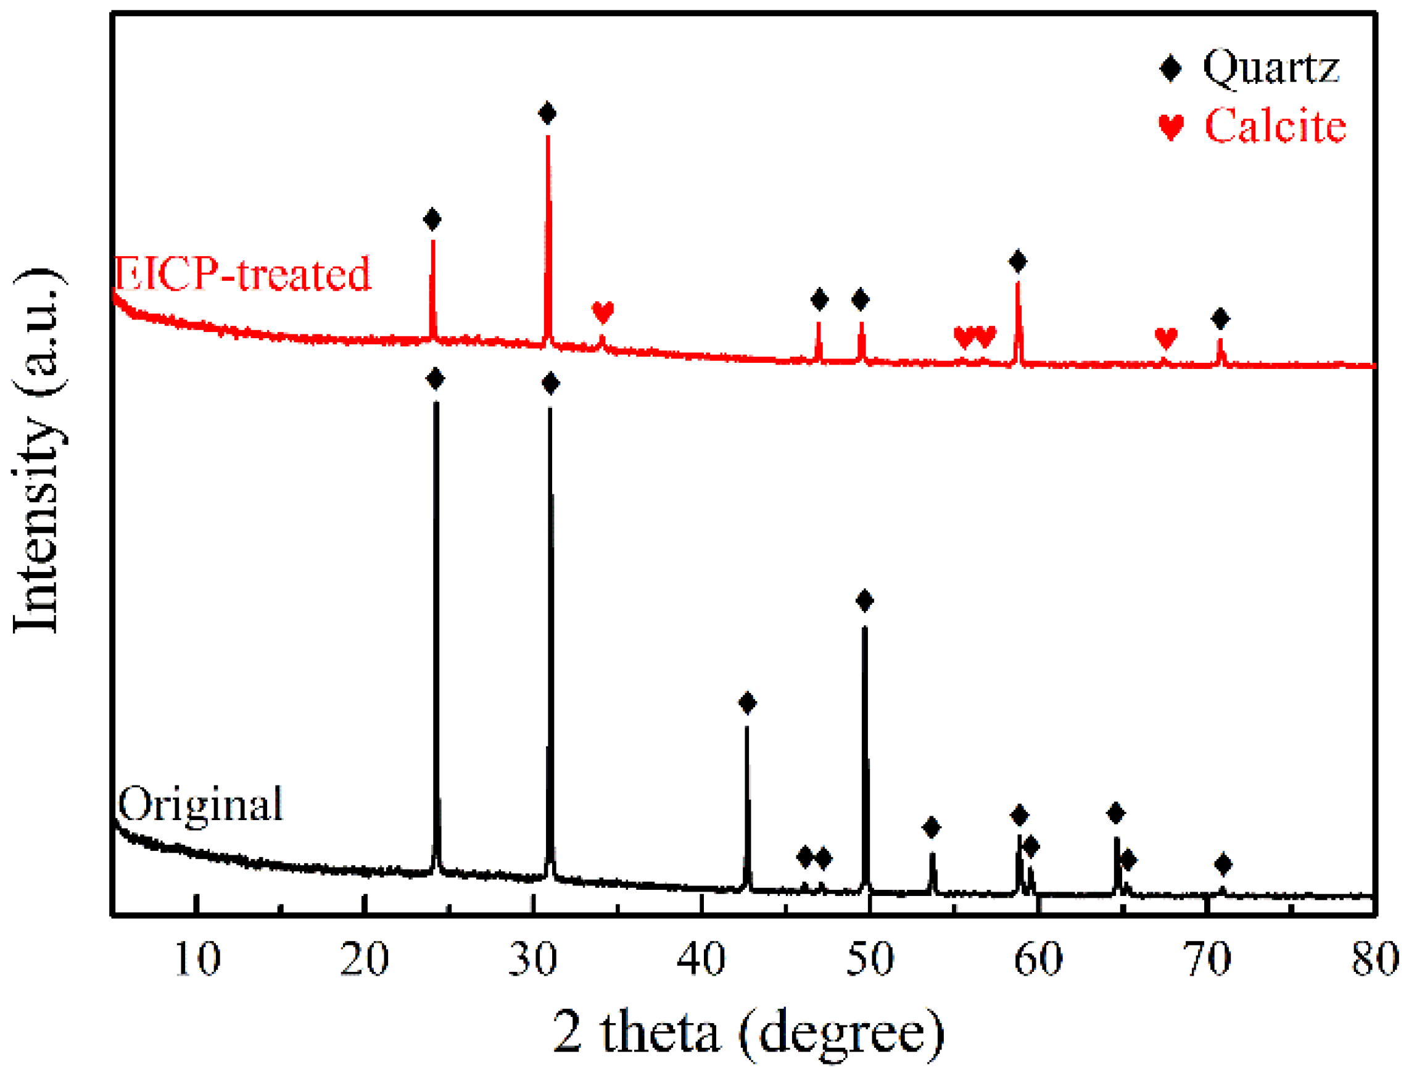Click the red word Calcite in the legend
coord(1275,126)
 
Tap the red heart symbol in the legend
coord(1170,126)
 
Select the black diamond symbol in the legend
coord(1170,68)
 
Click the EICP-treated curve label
coord(242,274)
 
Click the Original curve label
coord(200,804)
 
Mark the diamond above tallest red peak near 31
coord(547,114)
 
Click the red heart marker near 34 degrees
coord(602,312)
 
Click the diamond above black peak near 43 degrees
coord(747,703)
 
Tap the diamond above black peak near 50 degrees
coord(864,600)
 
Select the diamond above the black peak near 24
coord(435,379)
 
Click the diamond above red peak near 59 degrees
coord(1018,261)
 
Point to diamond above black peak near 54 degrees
coord(931,827)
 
